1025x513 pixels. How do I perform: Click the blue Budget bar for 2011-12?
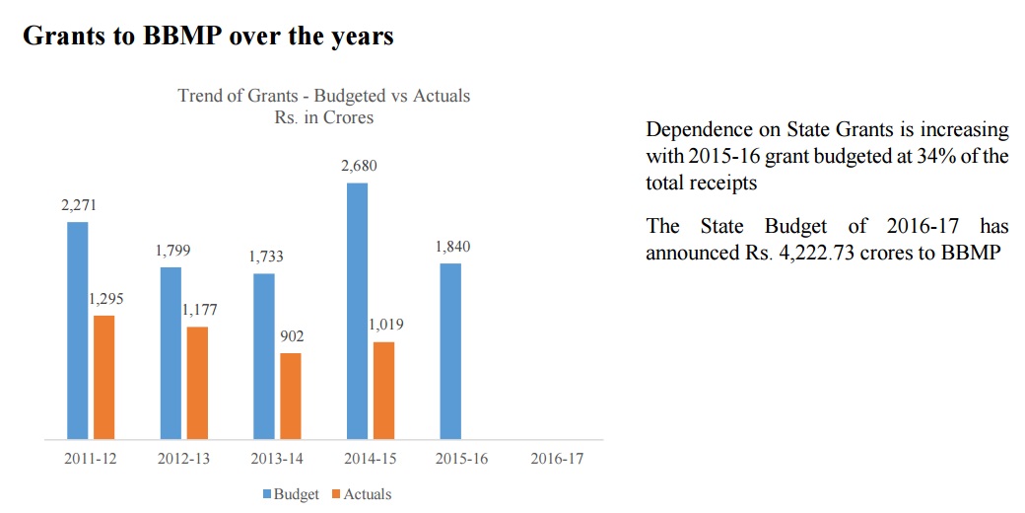78,330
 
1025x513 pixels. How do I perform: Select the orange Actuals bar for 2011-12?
103,377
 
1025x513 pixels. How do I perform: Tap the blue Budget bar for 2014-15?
357,311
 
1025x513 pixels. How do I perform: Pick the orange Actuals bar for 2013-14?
290,396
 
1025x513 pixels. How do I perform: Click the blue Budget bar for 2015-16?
449,351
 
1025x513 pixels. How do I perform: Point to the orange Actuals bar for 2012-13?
197,383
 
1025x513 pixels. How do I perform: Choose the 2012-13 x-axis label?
183,461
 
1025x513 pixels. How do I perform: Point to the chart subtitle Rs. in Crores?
323,117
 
